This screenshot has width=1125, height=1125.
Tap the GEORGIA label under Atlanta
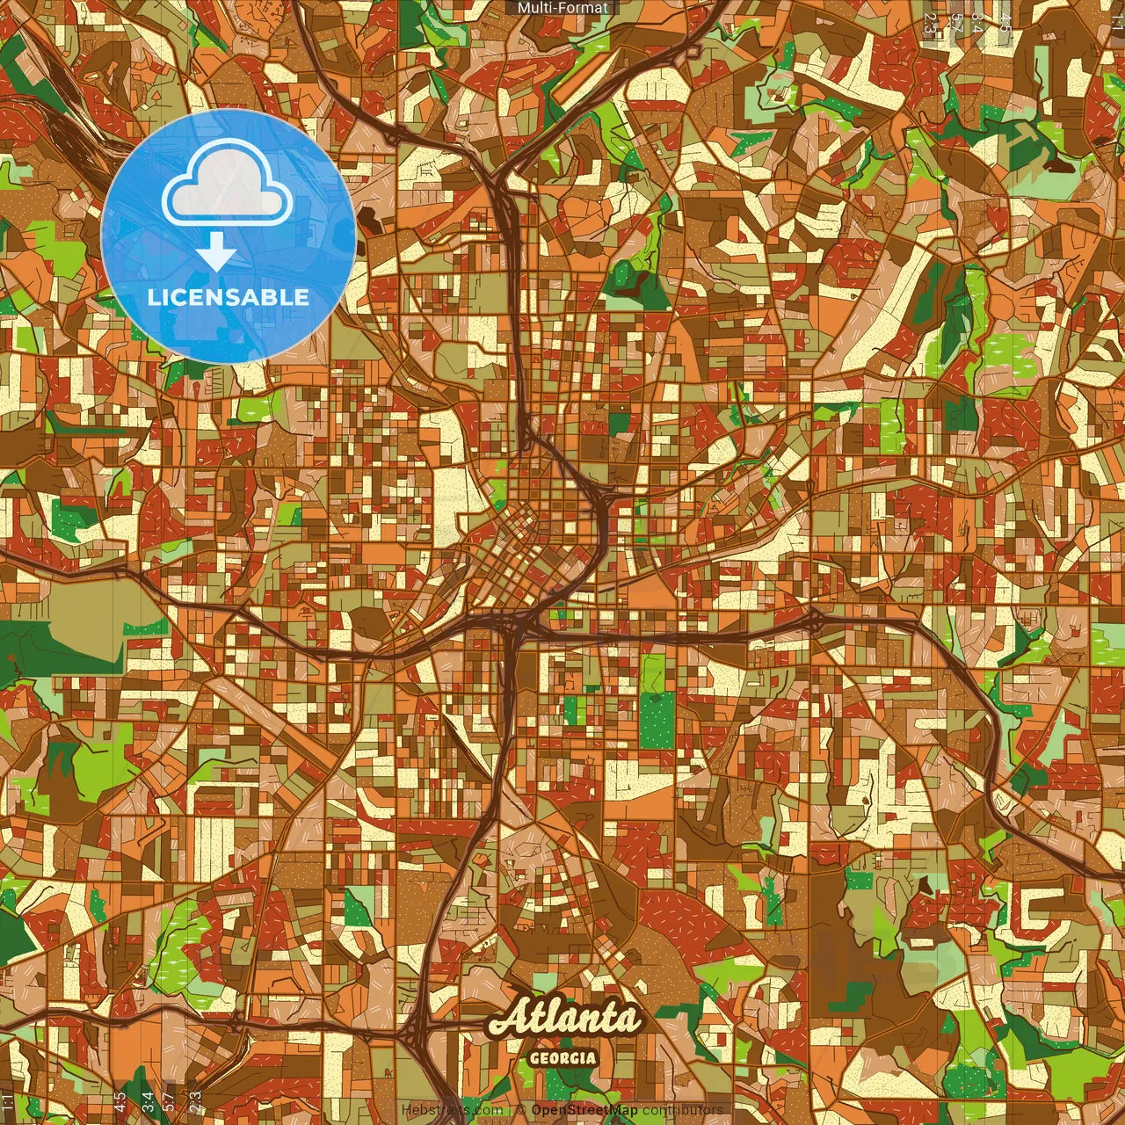pyautogui.click(x=562, y=1058)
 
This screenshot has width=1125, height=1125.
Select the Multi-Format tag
pyautogui.click(x=562, y=8)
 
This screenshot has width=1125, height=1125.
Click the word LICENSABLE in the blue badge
pyautogui.click(x=229, y=297)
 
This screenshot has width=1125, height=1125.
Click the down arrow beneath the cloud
pyautogui.click(x=216, y=255)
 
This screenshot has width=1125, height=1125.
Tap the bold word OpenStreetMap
pyautogui.click(x=584, y=1110)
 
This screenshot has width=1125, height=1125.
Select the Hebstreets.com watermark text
pyautogui.click(x=452, y=1110)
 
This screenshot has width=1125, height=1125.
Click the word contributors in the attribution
pyautogui.click(x=682, y=1110)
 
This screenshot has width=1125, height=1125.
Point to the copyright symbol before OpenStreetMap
pyautogui.click(x=521, y=1110)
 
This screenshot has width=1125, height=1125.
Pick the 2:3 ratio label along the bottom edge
pyautogui.click(x=195, y=1100)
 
